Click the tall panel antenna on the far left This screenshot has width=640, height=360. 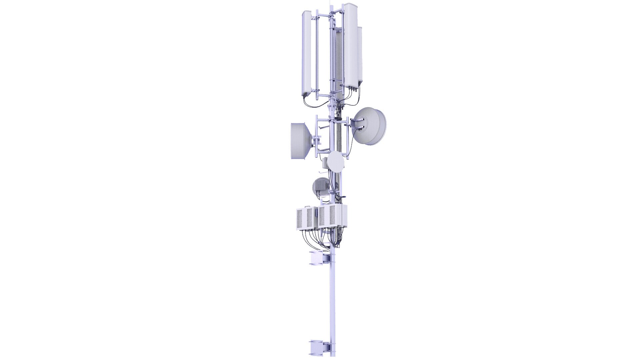tap(307, 53)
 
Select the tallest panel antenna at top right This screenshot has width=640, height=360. tap(350, 47)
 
